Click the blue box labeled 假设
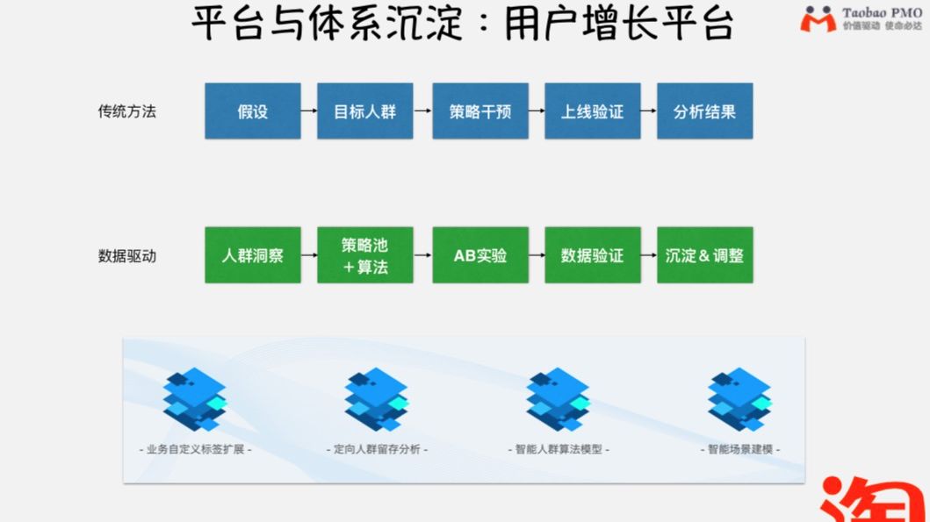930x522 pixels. [x=253, y=111]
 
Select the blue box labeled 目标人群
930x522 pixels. [x=365, y=111]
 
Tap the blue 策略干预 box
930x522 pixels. [x=479, y=111]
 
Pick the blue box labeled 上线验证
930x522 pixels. [x=593, y=111]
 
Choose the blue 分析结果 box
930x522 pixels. [x=704, y=111]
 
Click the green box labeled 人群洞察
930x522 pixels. [x=253, y=255]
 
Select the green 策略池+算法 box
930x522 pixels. [x=365, y=255]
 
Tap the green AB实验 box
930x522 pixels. [x=479, y=255]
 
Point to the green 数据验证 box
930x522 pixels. [x=593, y=255]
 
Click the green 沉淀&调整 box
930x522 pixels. [x=704, y=255]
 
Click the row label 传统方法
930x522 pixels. [x=127, y=111]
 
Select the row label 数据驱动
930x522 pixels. [x=127, y=256]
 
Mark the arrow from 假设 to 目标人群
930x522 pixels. [x=309, y=111]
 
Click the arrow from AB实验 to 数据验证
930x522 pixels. [x=537, y=255]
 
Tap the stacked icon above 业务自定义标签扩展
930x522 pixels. [x=196, y=399]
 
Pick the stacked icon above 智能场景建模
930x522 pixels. [x=740, y=399]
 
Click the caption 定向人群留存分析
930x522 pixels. [x=376, y=449]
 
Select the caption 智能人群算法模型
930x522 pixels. [x=558, y=449]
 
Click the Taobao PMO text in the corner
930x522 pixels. [x=881, y=12]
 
